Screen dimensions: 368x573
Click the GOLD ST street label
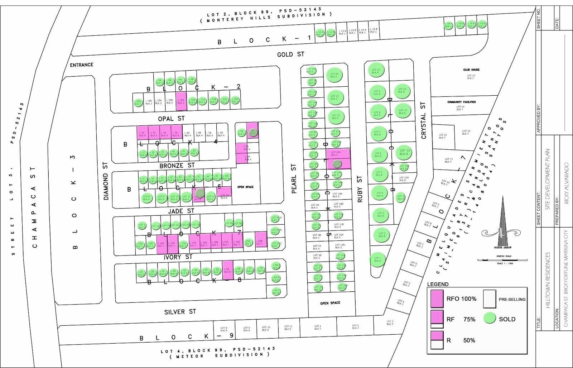pyautogui.click(x=290, y=54)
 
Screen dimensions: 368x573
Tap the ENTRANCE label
pyautogui.click(x=82, y=65)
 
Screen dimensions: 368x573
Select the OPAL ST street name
pyautogui.click(x=171, y=118)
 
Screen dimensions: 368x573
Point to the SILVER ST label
pyautogui.click(x=180, y=312)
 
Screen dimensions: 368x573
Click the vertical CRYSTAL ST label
pyautogui.click(x=424, y=121)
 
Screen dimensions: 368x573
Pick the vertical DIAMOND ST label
pyautogui.click(x=105, y=181)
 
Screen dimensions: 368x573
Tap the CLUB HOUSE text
pyautogui.click(x=471, y=70)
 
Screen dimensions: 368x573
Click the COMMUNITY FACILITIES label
pyautogui.click(x=461, y=102)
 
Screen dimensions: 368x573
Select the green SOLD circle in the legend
pyautogui.click(x=490, y=318)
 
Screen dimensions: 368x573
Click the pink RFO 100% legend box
pyautogui.click(x=437, y=299)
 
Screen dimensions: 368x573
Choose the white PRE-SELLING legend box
pyautogui.click(x=489, y=299)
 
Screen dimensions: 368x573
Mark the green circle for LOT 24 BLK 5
pyautogui.click(x=334, y=75)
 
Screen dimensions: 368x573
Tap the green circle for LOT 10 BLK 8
pyautogui.click(x=376, y=71)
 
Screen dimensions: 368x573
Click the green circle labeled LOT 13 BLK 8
pyautogui.click(x=404, y=152)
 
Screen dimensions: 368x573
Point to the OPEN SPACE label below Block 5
pyautogui.click(x=330, y=303)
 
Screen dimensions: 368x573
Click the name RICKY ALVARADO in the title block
pyautogui.click(x=566, y=183)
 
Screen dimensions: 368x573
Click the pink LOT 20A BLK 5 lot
pyautogui.click(x=337, y=154)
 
